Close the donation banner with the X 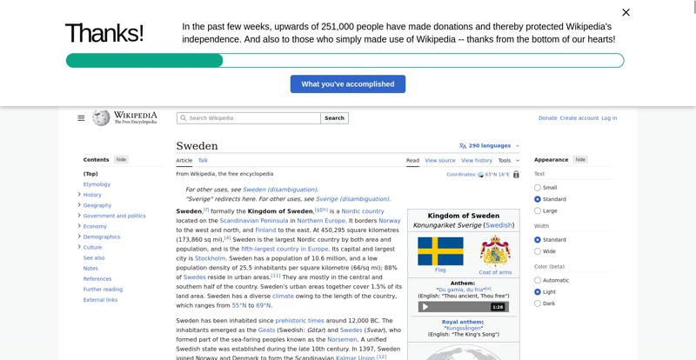[x=626, y=12]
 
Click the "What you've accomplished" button [x=347, y=83]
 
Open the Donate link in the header [x=547, y=118]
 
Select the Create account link [x=579, y=118]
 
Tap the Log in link [x=609, y=118]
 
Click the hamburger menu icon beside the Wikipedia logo [x=81, y=118]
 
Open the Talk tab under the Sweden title [x=203, y=160]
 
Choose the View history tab [x=476, y=160]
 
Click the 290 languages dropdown [x=489, y=146]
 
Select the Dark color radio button [x=538, y=303]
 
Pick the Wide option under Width [x=538, y=251]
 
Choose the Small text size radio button [x=538, y=188]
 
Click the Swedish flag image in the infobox [x=440, y=251]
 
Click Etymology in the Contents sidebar [x=97, y=184]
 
